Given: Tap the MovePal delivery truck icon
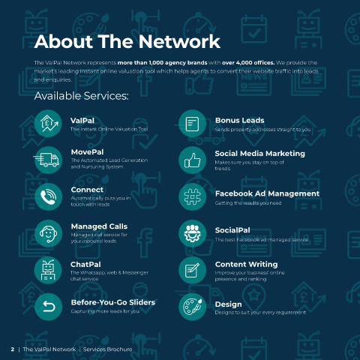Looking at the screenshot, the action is (x=47, y=160).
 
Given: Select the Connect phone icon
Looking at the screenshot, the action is (x=48, y=196).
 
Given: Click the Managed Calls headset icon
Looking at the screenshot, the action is (x=48, y=233).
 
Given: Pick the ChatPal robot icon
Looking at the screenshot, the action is (x=48, y=270).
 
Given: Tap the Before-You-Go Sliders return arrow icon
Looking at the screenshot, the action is (x=48, y=307).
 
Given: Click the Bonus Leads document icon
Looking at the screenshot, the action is (x=192, y=123).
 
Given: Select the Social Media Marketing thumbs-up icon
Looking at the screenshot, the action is (x=192, y=160).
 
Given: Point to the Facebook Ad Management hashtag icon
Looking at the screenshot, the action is (x=192, y=196).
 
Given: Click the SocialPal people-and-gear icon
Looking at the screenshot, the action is (x=192, y=233).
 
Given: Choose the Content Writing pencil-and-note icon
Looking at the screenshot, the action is (x=192, y=270).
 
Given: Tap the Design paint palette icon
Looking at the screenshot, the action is (x=192, y=307).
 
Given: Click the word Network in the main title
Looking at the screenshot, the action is (x=179, y=41).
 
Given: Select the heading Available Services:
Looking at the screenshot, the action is (x=82, y=96).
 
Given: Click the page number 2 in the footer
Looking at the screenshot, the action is (x=13, y=349).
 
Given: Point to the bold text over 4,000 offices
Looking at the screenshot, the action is (x=248, y=62).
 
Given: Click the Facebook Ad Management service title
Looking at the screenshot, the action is (x=267, y=193).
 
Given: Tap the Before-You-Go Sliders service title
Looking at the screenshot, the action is (x=113, y=302).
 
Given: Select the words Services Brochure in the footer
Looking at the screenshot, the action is (x=107, y=349).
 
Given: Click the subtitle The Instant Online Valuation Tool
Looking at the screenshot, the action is (x=109, y=129).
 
